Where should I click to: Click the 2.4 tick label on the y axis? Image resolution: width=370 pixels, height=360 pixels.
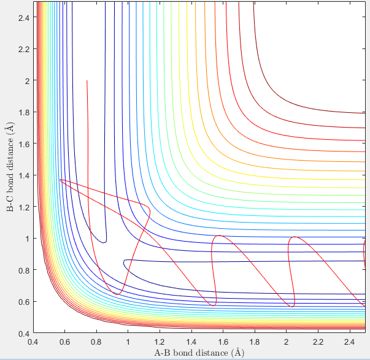pyautogui.click(x=24, y=17)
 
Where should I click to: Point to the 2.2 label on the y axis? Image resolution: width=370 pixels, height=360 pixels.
pyautogui.click(x=24, y=49)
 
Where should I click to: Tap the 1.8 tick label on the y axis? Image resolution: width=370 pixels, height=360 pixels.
pyautogui.click(x=24, y=112)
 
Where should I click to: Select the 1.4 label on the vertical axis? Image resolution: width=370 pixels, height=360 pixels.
pyautogui.click(x=24, y=175)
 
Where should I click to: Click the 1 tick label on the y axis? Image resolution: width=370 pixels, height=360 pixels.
pyautogui.click(x=28, y=239)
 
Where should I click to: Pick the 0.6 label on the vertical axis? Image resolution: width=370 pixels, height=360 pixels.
pyautogui.click(x=24, y=302)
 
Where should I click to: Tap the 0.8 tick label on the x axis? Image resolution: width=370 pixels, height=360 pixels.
pyautogui.click(x=96, y=342)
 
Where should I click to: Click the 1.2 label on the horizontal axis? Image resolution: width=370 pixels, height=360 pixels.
pyautogui.click(x=160, y=342)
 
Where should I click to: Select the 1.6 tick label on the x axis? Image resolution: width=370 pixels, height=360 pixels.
pyautogui.click(x=223, y=342)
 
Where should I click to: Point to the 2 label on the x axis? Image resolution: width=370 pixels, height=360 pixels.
pyautogui.click(x=286, y=342)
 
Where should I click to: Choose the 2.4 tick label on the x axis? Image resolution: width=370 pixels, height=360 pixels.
pyautogui.click(x=350, y=342)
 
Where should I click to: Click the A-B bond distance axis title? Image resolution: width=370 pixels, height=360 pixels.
pyautogui.click(x=199, y=353)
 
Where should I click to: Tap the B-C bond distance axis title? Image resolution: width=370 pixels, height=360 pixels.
pyautogui.click(x=10, y=167)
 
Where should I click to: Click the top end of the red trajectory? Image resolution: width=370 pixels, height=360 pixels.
pyautogui.click(x=87, y=81)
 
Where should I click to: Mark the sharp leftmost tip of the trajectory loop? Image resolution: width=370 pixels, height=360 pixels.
pyautogui.click(x=60, y=180)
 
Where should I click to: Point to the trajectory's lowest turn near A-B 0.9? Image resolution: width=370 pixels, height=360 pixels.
pyautogui.click(x=117, y=294)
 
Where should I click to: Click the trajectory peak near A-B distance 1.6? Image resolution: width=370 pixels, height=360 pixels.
pyautogui.click(x=219, y=236)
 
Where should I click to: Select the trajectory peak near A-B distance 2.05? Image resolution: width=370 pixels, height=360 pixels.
pyautogui.click(x=295, y=237)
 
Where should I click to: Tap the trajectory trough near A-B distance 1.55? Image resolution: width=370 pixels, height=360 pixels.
pyautogui.click(x=214, y=305)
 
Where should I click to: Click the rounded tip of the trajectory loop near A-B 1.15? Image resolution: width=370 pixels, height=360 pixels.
pyautogui.click(x=150, y=210)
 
